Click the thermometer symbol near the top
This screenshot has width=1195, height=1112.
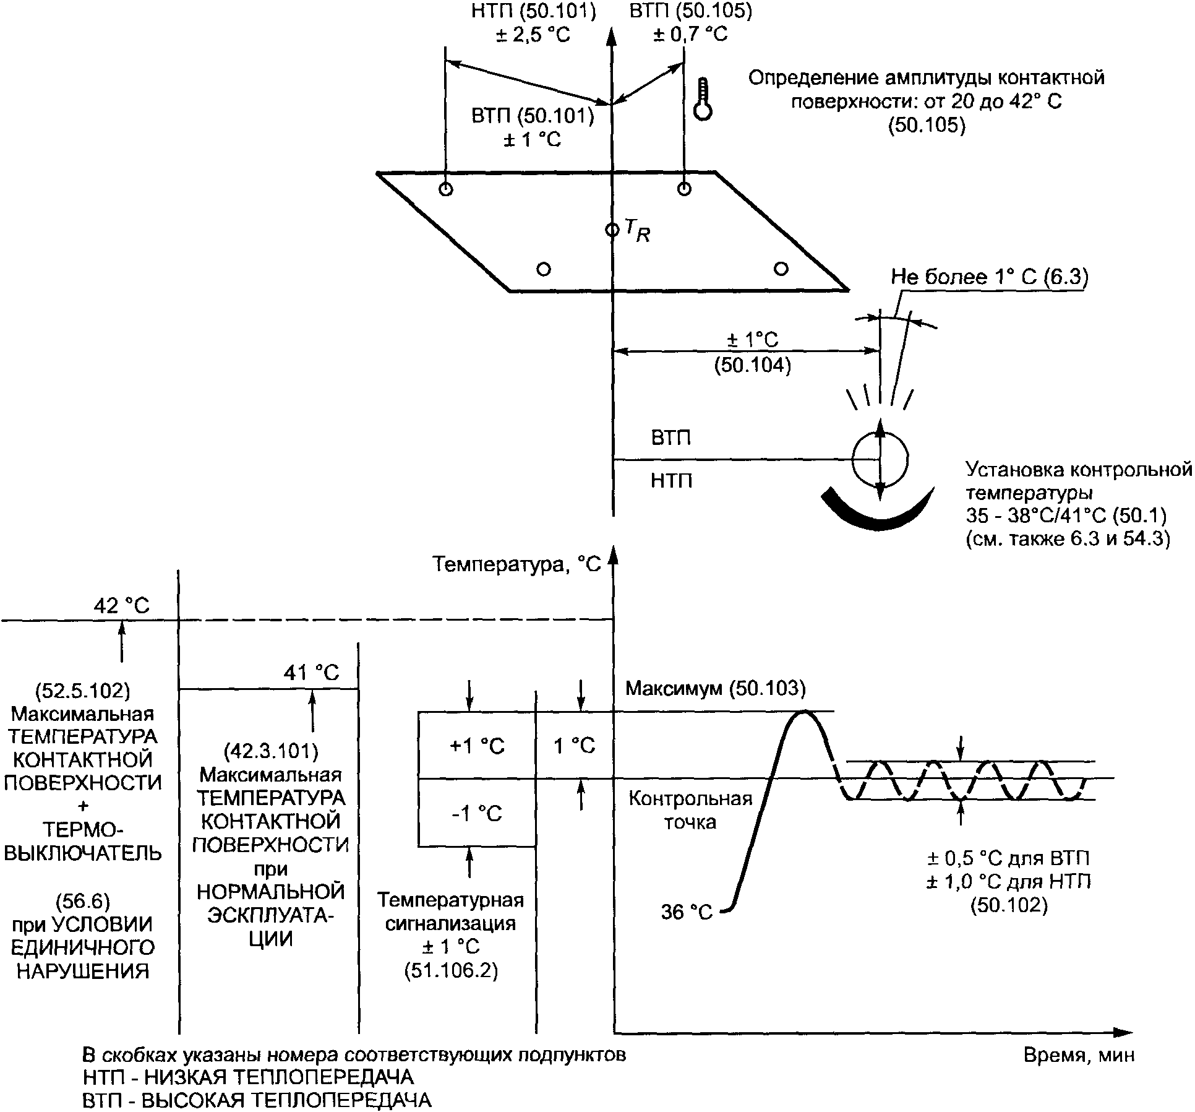pyautogui.click(x=703, y=99)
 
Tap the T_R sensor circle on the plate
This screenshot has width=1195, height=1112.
pyautogui.click(x=612, y=230)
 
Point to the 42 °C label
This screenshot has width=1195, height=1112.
pyautogui.click(x=122, y=605)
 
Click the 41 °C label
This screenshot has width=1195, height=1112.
pyautogui.click(x=312, y=673)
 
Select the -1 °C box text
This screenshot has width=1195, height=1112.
pyautogui.click(x=477, y=813)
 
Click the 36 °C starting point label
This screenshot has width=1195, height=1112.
pyautogui.click(x=687, y=912)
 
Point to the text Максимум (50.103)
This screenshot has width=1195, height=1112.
pyautogui.click(x=716, y=688)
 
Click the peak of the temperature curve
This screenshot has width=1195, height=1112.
pyautogui.click(x=803, y=712)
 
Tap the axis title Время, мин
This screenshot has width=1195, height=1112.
pyautogui.click(x=1079, y=1054)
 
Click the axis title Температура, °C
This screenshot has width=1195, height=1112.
pyautogui.click(x=516, y=565)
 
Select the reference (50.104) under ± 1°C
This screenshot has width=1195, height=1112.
pyautogui.click(x=752, y=366)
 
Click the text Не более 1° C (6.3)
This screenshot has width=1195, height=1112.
pyautogui.click(x=989, y=277)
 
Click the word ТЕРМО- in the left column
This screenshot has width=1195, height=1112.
pyautogui.click(x=84, y=830)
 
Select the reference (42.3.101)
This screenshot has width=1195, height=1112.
pyautogui.click(x=271, y=751)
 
